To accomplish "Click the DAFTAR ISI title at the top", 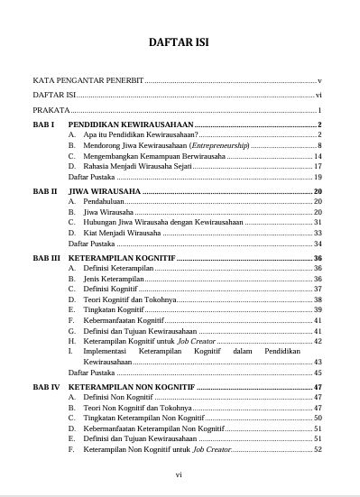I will tap(180, 44).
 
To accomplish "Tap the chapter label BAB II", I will tap(45, 191).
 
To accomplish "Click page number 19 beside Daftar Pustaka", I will tap(318, 177).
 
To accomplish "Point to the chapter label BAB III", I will tap(47, 258).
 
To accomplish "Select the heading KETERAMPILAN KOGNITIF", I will tap(123, 258).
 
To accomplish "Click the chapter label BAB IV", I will tap(47, 387).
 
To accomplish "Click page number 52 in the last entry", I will tap(318, 449).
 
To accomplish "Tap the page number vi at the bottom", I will tap(180, 473).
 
